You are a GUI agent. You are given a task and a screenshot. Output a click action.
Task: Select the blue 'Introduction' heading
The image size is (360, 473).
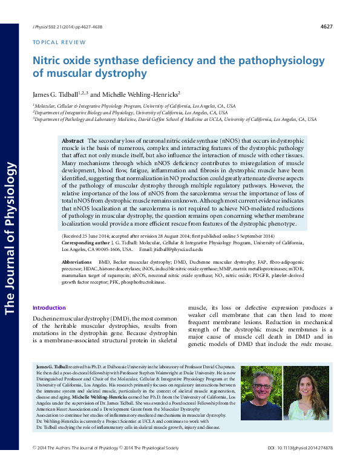pyautogui.click(x=49, y=308)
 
